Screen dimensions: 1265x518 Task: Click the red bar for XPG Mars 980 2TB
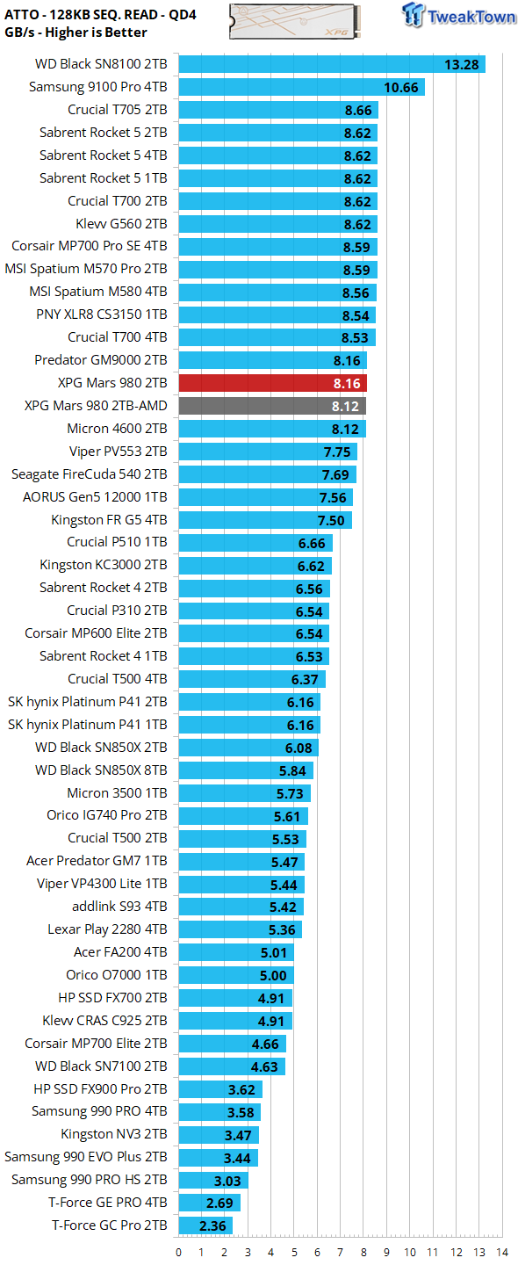pyautogui.click(x=272, y=383)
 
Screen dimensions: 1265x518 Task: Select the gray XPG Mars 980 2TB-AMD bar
pyautogui.click(x=272, y=406)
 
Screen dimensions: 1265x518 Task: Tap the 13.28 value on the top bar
pyautogui.click(x=461, y=64)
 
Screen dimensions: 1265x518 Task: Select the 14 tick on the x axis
pyautogui.click(x=501, y=1252)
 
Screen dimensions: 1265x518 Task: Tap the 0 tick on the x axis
pyautogui.click(x=179, y=1252)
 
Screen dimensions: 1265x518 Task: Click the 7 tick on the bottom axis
pyautogui.click(x=340, y=1252)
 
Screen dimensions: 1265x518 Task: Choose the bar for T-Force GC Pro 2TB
pyautogui.click(x=205, y=1225)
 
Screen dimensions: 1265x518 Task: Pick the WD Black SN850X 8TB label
pyautogui.click(x=101, y=770)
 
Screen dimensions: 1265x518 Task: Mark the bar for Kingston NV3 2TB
pyautogui.click(x=219, y=1134)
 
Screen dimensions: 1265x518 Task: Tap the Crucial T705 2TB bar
pyautogui.click(x=277, y=110)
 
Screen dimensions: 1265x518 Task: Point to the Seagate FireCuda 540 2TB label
pyautogui.click(x=89, y=474)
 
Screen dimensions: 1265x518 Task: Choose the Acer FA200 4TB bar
pyautogui.click(x=236, y=952)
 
